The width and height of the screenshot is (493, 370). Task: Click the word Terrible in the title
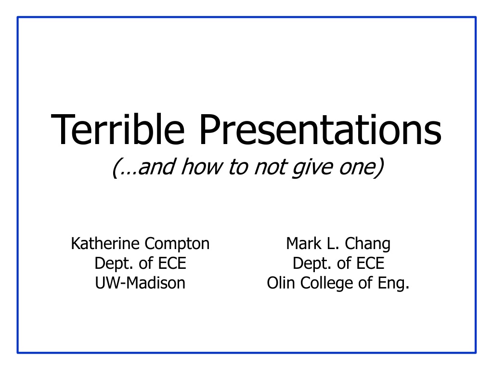coord(117,129)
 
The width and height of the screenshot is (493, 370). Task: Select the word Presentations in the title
coord(320,129)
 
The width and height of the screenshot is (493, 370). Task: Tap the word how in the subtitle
coord(202,166)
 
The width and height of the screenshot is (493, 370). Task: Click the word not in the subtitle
coord(271,167)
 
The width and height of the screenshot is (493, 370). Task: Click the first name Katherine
coord(105,243)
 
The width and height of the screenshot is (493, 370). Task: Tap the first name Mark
coord(304,243)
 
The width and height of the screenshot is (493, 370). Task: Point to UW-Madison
coord(140,283)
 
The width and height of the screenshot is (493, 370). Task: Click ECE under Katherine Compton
coord(172,264)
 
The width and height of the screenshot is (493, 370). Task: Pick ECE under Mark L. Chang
coord(370,264)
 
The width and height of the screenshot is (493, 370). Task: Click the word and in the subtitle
coord(156,166)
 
